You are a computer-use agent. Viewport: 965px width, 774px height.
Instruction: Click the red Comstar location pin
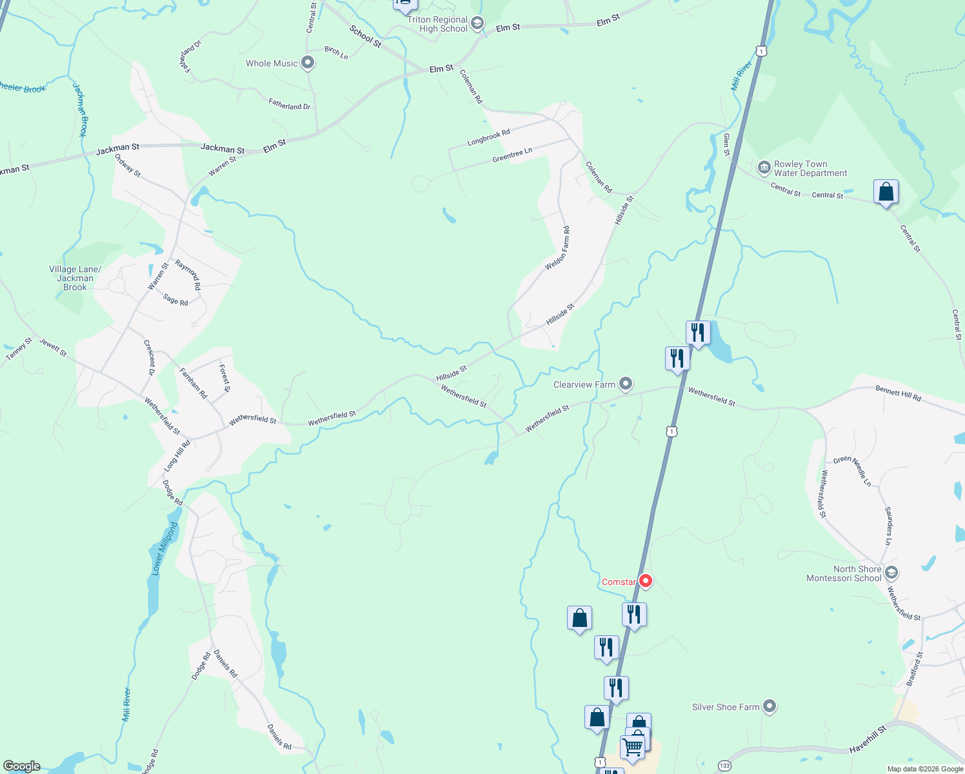point(645,580)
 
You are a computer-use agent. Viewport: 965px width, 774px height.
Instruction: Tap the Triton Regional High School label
point(437,25)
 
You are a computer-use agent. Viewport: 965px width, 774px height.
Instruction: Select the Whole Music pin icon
point(308,63)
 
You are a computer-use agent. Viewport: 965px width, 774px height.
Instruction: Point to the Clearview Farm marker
point(625,384)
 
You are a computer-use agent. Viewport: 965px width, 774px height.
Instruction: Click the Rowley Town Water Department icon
point(764,168)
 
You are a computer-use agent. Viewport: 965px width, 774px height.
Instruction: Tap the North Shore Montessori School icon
point(891,572)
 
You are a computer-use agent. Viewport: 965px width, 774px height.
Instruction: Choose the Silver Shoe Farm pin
point(769,706)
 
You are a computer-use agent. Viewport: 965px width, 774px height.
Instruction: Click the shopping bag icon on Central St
point(886,192)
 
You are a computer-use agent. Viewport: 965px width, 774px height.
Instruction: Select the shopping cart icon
point(633,748)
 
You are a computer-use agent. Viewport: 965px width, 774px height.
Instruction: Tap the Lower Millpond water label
point(165,548)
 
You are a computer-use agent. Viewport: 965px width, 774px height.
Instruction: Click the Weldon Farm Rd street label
point(558,249)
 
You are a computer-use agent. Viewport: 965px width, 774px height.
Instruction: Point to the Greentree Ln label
point(512,155)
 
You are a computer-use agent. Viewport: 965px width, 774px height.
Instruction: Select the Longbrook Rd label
point(488,137)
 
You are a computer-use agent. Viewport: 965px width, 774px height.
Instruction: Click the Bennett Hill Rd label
point(898,393)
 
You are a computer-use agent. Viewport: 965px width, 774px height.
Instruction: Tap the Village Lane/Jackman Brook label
point(75,278)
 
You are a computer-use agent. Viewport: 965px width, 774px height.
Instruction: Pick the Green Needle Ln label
point(852,470)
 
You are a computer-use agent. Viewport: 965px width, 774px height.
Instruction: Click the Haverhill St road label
point(868,738)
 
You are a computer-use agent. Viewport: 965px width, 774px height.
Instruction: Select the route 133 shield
point(724,766)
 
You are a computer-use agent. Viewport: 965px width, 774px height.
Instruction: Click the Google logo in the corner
point(22,766)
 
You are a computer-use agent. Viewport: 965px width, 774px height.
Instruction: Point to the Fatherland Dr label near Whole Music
point(290,104)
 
